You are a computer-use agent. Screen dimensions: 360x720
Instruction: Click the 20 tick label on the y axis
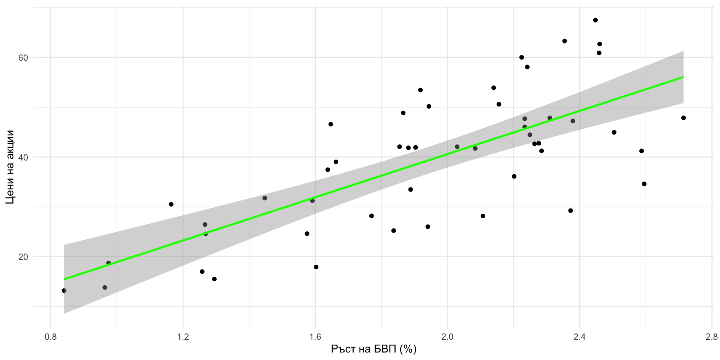(24, 257)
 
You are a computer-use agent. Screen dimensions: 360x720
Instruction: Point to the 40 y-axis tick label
(24, 157)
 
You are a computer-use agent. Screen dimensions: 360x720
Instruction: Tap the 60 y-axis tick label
(24, 58)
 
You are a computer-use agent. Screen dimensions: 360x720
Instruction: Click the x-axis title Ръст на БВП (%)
(373, 349)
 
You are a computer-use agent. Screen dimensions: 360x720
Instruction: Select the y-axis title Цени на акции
(10, 167)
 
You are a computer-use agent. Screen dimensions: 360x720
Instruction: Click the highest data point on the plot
(595, 20)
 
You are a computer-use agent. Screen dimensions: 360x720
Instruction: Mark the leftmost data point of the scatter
(64, 291)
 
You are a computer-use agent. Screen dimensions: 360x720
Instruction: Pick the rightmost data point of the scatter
(683, 118)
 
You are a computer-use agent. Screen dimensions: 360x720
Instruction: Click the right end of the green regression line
(683, 77)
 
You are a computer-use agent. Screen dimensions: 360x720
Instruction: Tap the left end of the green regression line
(64, 279)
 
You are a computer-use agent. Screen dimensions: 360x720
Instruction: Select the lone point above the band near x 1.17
(171, 204)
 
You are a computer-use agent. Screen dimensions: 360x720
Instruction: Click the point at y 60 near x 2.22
(521, 57)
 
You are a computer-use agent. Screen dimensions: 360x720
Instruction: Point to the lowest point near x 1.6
(316, 267)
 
